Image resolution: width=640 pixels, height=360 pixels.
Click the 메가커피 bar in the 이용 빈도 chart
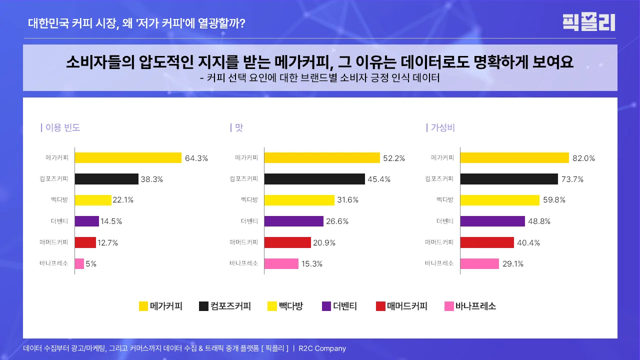pyautogui.click(x=128, y=158)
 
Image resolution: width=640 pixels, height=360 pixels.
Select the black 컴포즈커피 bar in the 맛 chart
pyautogui.click(x=314, y=179)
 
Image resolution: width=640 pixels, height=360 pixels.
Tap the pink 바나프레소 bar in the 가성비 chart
pyautogui.click(x=479, y=263)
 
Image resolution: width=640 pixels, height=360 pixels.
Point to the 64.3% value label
pyautogui.click(x=196, y=158)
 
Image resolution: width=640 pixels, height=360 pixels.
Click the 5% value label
pyautogui.click(x=91, y=264)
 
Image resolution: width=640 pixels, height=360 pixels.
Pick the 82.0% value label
pyautogui.click(x=583, y=158)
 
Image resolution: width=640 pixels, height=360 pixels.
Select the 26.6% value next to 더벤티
pyautogui.click(x=337, y=221)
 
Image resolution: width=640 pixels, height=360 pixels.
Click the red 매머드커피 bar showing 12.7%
pyautogui.click(x=85, y=242)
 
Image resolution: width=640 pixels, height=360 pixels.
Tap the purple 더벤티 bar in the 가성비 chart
pyautogui.click(x=492, y=221)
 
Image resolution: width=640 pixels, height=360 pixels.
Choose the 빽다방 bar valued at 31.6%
pyautogui.click(x=299, y=200)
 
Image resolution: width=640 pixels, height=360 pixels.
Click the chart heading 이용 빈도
pyautogui.click(x=62, y=127)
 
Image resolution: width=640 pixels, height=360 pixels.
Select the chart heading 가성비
pyautogui.click(x=442, y=127)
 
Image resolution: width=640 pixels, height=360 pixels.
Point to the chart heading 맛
pyautogui.click(x=238, y=127)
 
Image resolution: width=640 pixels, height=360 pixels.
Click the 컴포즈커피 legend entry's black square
pyautogui.click(x=203, y=306)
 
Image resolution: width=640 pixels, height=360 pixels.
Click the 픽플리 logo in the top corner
pyautogui.click(x=588, y=22)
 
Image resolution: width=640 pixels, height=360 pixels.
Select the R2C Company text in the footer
pyautogui.click(x=322, y=348)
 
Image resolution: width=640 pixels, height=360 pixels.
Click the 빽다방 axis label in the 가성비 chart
pyautogui.click(x=444, y=200)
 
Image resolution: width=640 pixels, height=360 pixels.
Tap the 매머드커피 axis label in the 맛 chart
pyautogui.click(x=243, y=242)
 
